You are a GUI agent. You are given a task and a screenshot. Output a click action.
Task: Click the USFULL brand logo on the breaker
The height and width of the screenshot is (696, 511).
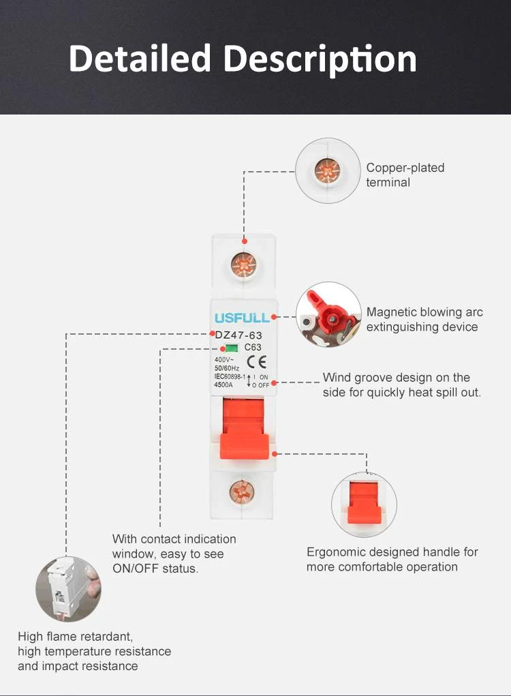pyautogui.click(x=242, y=318)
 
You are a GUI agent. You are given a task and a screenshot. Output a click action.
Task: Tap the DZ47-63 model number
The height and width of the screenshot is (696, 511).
pyautogui.click(x=238, y=335)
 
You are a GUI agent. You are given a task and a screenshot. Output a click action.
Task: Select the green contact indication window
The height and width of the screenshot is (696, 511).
pyautogui.click(x=231, y=348)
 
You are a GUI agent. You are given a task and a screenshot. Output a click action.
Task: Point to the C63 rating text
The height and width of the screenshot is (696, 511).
pyautogui.click(x=253, y=347)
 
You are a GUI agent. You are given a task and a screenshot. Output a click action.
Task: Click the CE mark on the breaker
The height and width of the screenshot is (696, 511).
pyautogui.click(x=256, y=362)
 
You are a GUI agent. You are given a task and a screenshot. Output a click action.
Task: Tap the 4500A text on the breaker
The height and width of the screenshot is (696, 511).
pyautogui.click(x=223, y=385)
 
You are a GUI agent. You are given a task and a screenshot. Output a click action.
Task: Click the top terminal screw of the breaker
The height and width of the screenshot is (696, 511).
pyautogui.click(x=243, y=265)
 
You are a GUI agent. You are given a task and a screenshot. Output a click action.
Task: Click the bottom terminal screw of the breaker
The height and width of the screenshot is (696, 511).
pyautogui.click(x=242, y=491)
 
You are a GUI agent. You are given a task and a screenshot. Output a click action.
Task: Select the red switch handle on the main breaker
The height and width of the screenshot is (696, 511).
pyautogui.click(x=244, y=429)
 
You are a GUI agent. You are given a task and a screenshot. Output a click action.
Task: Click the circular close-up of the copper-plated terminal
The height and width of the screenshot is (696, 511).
pyautogui.click(x=328, y=171)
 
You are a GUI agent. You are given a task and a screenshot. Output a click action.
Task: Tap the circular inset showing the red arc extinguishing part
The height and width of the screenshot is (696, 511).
pyautogui.click(x=328, y=315)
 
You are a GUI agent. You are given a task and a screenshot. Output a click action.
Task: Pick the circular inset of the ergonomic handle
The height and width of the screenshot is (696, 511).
pyautogui.click(x=365, y=504)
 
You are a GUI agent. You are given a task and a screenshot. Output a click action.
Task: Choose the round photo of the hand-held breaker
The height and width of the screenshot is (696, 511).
pyautogui.click(x=68, y=589)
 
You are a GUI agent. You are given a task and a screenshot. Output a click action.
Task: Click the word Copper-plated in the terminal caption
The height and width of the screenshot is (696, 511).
pyautogui.click(x=405, y=168)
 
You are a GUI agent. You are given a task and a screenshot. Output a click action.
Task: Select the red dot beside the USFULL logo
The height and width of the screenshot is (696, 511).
pyautogui.click(x=274, y=317)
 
